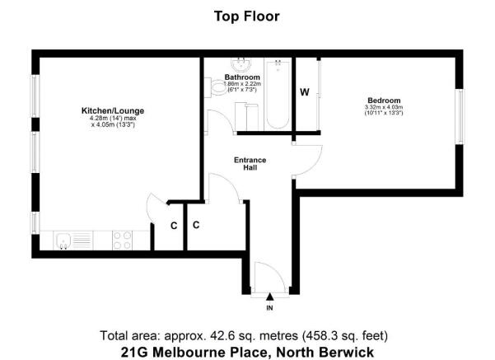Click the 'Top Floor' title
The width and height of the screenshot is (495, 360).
(x=248, y=16)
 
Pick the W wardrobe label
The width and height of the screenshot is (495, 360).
(x=304, y=91)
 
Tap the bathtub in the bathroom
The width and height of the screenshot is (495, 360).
(x=278, y=96)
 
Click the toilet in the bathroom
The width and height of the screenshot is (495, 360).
(x=217, y=88)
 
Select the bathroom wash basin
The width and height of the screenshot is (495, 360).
(x=241, y=64)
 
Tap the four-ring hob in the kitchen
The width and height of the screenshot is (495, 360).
(x=122, y=241)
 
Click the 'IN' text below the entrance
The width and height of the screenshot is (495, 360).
(x=269, y=308)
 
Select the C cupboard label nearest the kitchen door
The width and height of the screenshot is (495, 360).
(x=174, y=225)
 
